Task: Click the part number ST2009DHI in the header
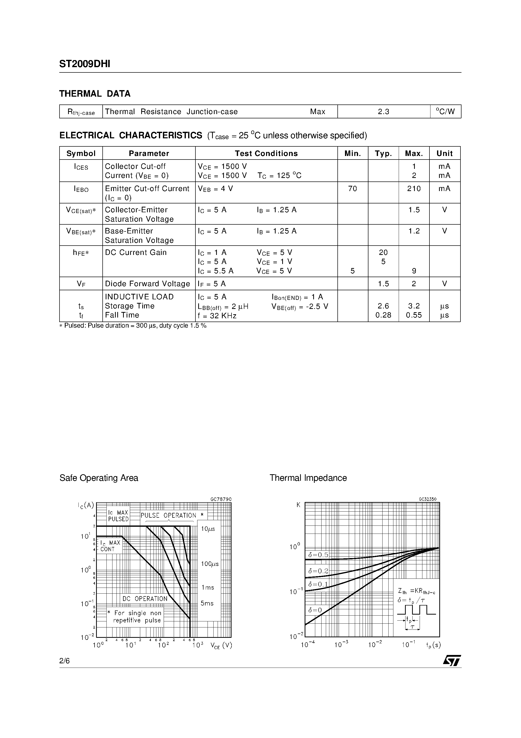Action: click(x=84, y=64)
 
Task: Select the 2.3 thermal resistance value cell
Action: click(x=383, y=112)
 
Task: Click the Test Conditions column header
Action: click(x=266, y=153)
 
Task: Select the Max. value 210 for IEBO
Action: click(x=414, y=189)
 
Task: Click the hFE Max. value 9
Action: click(x=414, y=271)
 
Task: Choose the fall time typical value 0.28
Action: click(x=383, y=315)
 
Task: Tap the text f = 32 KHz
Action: click(x=217, y=316)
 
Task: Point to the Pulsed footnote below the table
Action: click(x=133, y=326)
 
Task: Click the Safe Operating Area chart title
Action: click(x=99, y=478)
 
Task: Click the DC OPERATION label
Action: click(x=145, y=599)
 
